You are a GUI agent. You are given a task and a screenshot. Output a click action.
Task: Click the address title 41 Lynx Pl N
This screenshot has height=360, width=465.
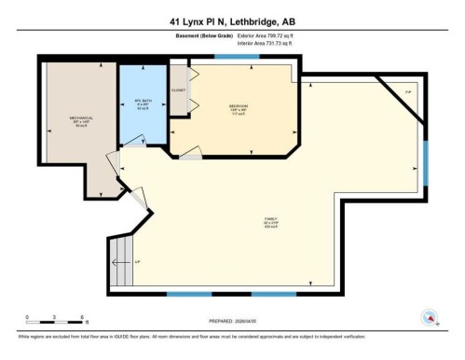232,21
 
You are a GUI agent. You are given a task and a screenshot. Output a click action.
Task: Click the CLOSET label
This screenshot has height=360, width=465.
178,90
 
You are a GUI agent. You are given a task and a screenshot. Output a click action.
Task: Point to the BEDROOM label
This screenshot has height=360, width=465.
238,107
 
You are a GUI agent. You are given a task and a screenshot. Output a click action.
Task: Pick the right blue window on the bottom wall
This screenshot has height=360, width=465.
274,295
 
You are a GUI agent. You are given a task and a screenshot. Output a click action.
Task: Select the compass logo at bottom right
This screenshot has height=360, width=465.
430,317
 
